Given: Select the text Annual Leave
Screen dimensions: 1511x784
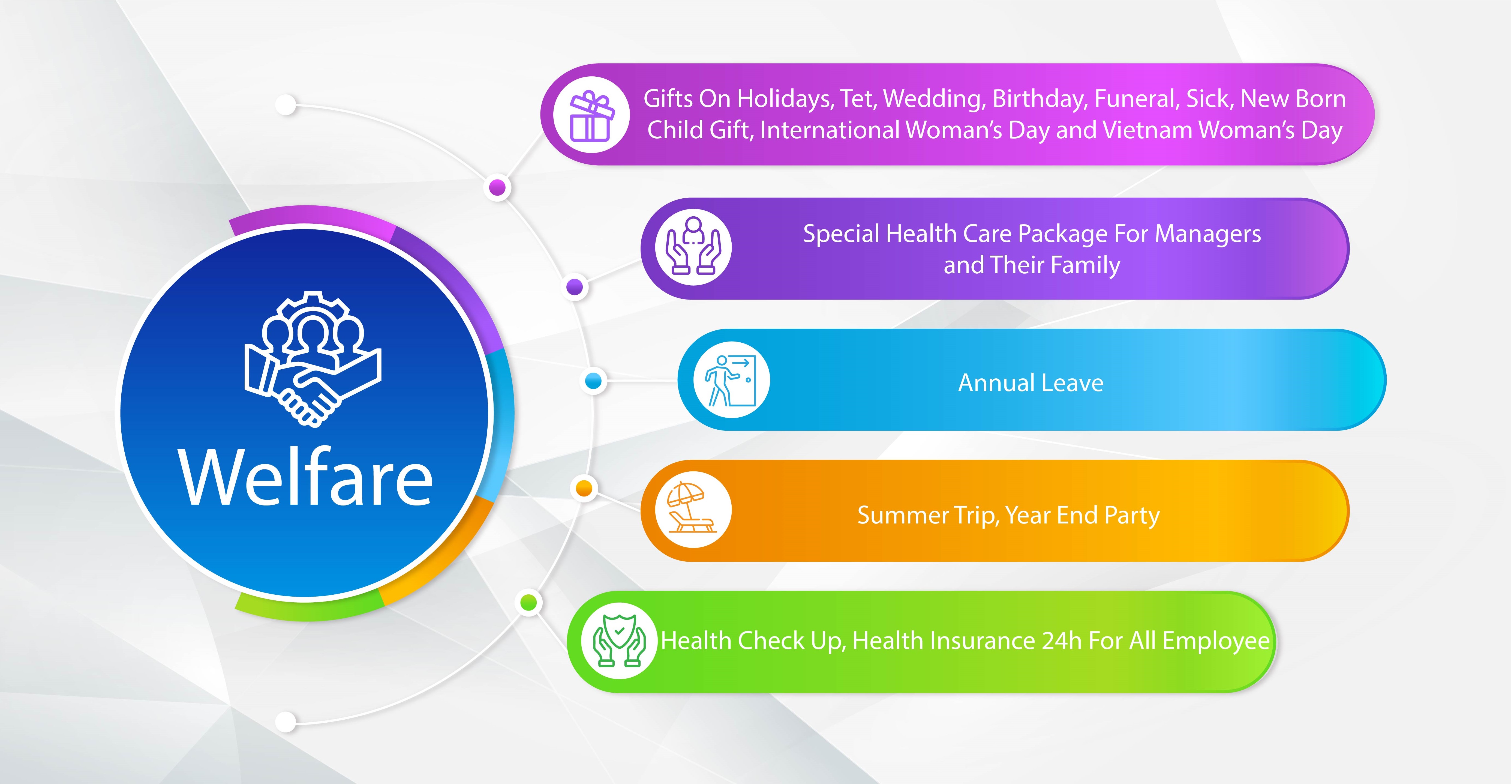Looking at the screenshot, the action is click(x=1031, y=383).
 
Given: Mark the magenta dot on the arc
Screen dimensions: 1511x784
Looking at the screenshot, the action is click(x=497, y=188).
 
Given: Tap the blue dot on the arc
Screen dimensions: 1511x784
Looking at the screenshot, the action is click(x=594, y=381).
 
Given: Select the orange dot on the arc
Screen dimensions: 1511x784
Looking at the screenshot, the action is click(x=584, y=488).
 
